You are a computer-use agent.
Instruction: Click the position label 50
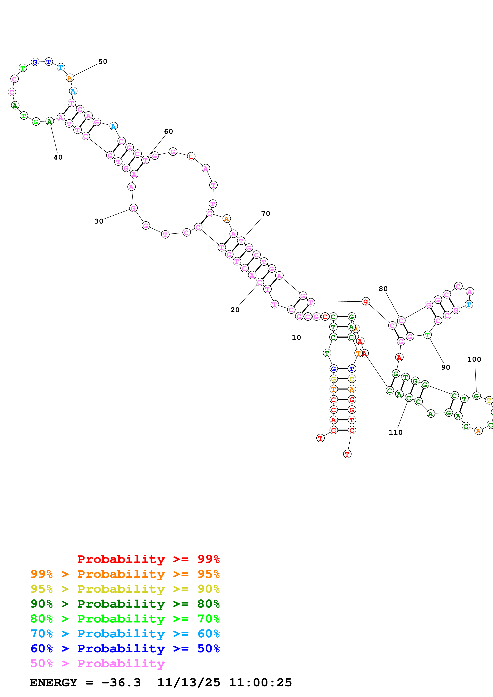tap(103, 62)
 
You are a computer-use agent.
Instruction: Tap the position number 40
tap(58, 157)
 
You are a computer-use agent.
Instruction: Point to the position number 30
tap(99, 221)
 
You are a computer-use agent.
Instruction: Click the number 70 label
tap(265, 213)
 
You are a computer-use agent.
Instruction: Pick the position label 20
tap(235, 310)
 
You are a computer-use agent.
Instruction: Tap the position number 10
tap(296, 337)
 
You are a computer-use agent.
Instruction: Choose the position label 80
tap(383, 289)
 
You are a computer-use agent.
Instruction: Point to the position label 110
tap(396, 432)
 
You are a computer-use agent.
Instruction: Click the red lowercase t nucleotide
tap(191, 157)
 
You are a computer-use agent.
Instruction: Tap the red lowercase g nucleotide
tap(366, 301)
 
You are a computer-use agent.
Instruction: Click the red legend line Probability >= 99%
tap(148, 559)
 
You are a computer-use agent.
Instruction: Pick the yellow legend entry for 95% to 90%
tap(125, 589)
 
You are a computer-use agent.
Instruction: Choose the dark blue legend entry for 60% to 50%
tap(125, 649)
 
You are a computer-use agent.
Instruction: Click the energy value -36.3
tap(121, 682)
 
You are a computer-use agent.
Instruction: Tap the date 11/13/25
tap(189, 682)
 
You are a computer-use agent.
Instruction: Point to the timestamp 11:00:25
tap(260, 682)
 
